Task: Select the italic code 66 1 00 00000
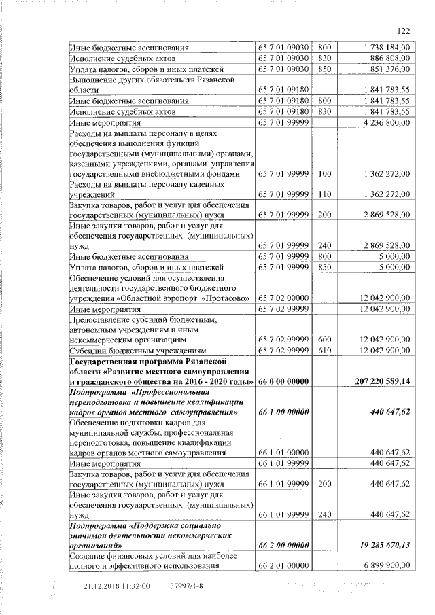pyautogui.click(x=283, y=412)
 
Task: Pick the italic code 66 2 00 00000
pyautogui.click(x=283, y=545)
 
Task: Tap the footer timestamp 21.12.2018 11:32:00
pyautogui.click(x=116, y=586)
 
